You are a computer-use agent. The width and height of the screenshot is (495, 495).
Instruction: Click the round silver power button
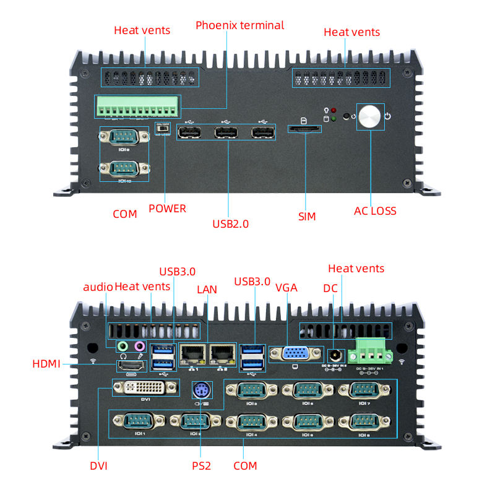coord(371,117)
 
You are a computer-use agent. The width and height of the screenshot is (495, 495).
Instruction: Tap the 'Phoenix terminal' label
coord(240,25)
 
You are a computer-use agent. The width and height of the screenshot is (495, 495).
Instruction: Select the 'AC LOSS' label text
coord(375,211)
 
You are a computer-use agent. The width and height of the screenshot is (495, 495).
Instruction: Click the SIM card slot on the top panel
coord(304,129)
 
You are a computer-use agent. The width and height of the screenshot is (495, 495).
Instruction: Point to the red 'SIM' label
coord(307,216)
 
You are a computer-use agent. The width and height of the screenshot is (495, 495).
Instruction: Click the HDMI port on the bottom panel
coord(131,366)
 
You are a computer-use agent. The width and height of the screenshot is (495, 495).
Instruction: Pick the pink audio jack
coord(140,346)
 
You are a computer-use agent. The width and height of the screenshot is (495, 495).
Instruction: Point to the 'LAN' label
coord(207,289)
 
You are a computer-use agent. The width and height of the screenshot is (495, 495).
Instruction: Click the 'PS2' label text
coord(201,465)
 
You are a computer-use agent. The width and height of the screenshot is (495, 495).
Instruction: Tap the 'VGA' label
coord(286,287)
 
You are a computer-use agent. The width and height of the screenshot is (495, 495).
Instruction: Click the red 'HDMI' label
coord(46,364)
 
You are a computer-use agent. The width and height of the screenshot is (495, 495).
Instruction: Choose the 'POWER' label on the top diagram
coord(167,209)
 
